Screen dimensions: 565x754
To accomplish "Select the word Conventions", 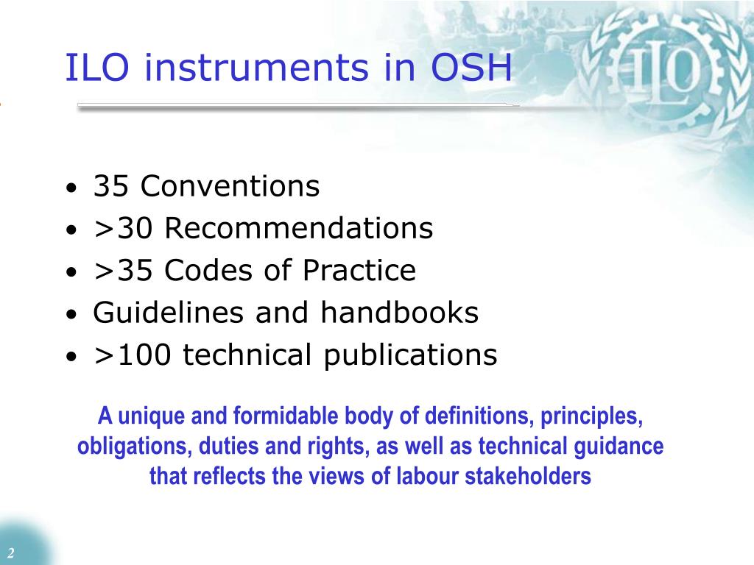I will pyautogui.click(x=230, y=187).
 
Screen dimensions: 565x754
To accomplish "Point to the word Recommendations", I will pyautogui.click(x=299, y=229).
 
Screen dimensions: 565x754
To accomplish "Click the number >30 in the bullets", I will pyautogui.click(x=124, y=229).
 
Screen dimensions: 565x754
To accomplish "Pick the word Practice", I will pyautogui.click(x=359, y=271).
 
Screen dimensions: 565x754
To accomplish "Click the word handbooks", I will pyautogui.click(x=399, y=313).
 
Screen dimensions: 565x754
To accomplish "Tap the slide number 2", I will pyautogui.click(x=11, y=553).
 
